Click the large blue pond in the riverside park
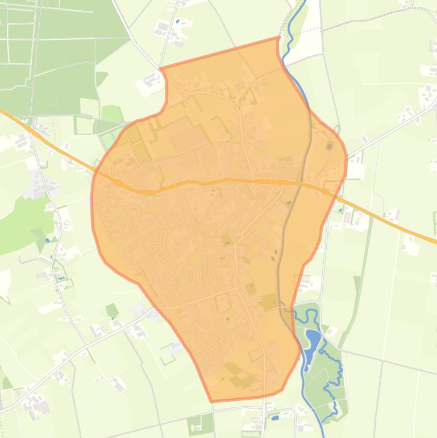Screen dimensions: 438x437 313,341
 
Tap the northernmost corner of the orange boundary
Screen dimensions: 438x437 278,38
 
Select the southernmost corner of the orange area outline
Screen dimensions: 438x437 212,401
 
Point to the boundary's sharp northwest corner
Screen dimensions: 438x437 161,69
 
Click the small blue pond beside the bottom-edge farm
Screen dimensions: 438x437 276,418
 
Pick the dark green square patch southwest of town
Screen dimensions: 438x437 112,311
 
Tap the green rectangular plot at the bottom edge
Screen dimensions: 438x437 201,424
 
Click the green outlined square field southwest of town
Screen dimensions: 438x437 167,357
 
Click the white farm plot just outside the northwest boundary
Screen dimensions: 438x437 149,84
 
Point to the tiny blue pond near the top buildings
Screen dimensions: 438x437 178,22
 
